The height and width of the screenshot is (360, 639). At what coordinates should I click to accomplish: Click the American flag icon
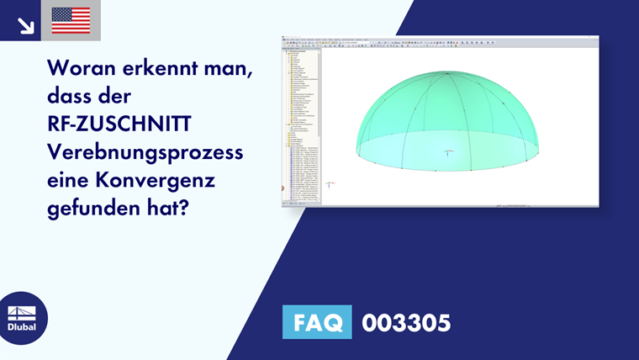pyautogui.click(x=71, y=20)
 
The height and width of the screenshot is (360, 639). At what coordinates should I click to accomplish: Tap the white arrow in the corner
pyautogui.click(x=25, y=25)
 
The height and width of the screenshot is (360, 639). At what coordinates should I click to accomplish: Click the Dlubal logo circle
pyautogui.click(x=23, y=318)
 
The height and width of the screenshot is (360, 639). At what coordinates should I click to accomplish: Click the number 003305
pyautogui.click(x=405, y=321)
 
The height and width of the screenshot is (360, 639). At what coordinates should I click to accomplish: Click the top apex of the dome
pyautogui.click(x=448, y=71)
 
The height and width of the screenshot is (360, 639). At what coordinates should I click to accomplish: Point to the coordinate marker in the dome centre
pyautogui.click(x=449, y=151)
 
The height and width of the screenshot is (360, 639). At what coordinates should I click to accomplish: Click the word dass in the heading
pyautogui.click(x=74, y=96)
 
